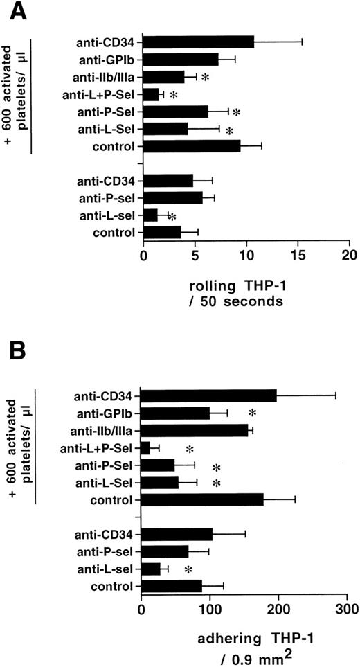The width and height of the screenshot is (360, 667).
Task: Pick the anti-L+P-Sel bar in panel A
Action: coord(151,94)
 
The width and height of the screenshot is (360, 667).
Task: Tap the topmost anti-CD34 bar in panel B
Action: coord(208,396)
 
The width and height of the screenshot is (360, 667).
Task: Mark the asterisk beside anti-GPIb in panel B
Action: coord(253,414)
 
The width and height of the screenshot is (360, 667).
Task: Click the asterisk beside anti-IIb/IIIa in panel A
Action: coord(206,78)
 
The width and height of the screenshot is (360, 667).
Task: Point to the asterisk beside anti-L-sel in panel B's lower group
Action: coord(188,570)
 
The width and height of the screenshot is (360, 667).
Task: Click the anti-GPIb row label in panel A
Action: coord(110,59)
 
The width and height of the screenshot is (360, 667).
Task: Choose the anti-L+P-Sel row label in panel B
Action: coord(102,448)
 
